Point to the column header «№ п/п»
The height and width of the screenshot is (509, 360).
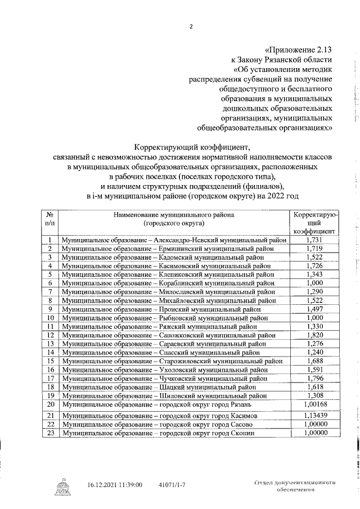click(x=50, y=219)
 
